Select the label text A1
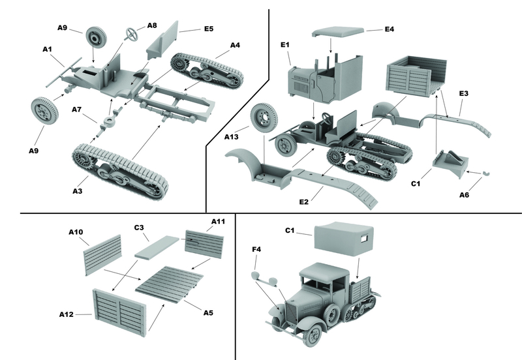click(48, 49)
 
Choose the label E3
click(464, 94)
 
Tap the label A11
click(217, 222)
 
